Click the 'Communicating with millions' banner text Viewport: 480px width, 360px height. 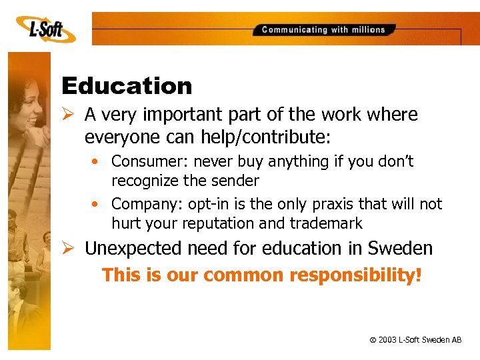pos(323,29)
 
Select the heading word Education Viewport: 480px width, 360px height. pos(127,86)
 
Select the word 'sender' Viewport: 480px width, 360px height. pos(234,181)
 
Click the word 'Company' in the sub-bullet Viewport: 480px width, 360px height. pos(141,204)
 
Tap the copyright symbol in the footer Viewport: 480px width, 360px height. pos(372,340)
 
